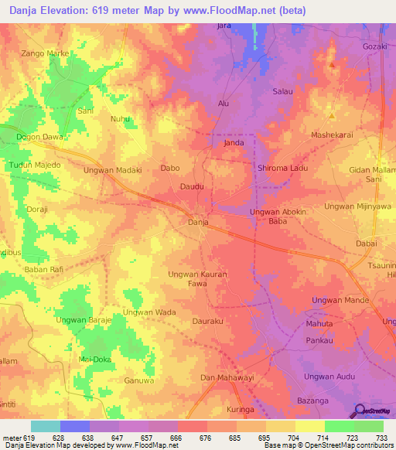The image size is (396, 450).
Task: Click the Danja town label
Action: (x=200, y=223)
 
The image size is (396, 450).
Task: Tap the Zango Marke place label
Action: (x=46, y=53)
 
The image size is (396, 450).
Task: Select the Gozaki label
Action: (x=374, y=46)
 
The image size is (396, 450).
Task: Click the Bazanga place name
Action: (x=314, y=401)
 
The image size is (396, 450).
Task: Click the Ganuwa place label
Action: (x=140, y=380)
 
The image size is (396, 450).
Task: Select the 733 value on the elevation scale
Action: (x=381, y=438)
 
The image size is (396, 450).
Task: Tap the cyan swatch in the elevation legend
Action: (x=46, y=426)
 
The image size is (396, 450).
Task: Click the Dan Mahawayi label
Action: (x=227, y=377)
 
